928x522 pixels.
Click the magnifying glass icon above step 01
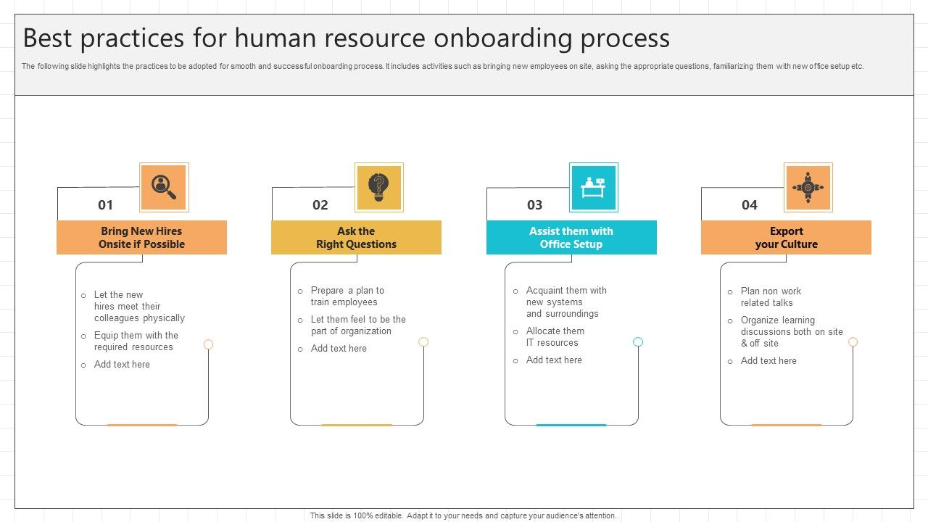pyautogui.click(x=164, y=187)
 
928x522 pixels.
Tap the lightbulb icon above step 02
pyautogui.click(x=378, y=187)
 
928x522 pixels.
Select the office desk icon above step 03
pyautogui.click(x=593, y=187)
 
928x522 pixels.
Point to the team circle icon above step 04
pyautogui.click(x=808, y=187)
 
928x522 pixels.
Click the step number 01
pyautogui.click(x=106, y=205)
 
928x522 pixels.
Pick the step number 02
pyautogui.click(x=320, y=205)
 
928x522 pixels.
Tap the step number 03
pyautogui.click(x=535, y=205)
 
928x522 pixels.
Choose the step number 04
pyautogui.click(x=750, y=205)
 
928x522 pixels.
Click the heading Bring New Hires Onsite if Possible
pyautogui.click(x=141, y=238)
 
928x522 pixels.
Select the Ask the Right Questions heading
pyautogui.click(x=356, y=238)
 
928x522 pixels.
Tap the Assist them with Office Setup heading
pyautogui.click(x=571, y=238)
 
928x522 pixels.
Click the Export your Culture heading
pyautogui.click(x=786, y=238)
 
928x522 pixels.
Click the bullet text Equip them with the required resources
pyautogui.click(x=136, y=341)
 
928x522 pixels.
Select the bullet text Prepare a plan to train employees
pyautogui.click(x=347, y=297)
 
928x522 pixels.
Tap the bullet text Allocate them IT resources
pyautogui.click(x=555, y=337)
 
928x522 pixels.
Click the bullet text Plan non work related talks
pyautogui.click(x=770, y=297)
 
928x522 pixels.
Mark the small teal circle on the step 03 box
pyautogui.click(x=638, y=342)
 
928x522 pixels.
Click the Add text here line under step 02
pyautogui.click(x=339, y=349)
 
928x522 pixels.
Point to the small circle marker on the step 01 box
pyautogui.click(x=209, y=344)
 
